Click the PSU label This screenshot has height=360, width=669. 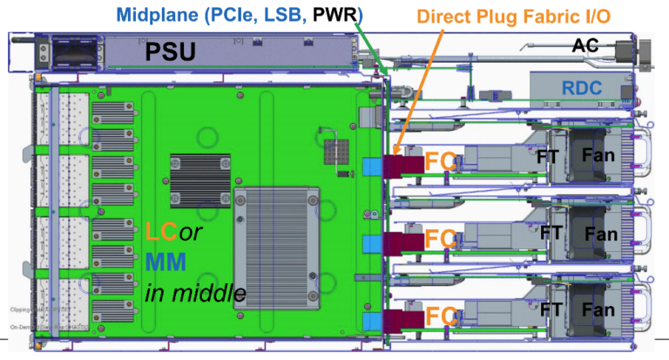click(171, 51)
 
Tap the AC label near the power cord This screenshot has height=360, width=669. click(585, 45)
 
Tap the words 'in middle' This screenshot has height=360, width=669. click(193, 292)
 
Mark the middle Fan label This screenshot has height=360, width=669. click(601, 234)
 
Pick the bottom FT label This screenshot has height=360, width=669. click(551, 309)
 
